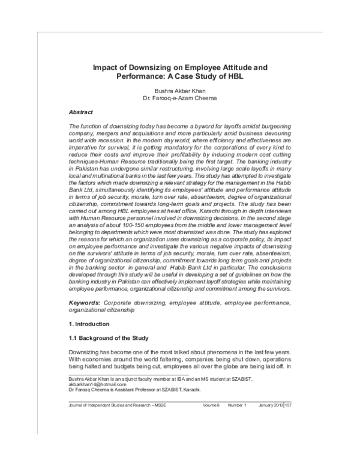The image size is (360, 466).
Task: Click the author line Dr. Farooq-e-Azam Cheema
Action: [x=180, y=98]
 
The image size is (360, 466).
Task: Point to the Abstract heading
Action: [x=81, y=112]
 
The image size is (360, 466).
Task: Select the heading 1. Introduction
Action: [x=89, y=324]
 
